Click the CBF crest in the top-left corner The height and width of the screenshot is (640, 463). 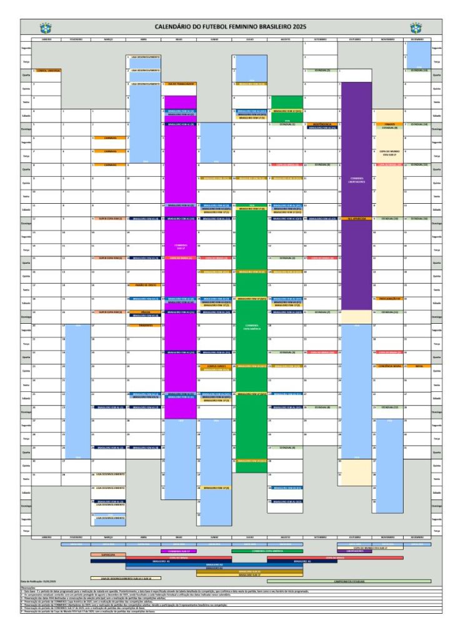tap(44, 27)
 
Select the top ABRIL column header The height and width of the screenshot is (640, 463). tap(143, 39)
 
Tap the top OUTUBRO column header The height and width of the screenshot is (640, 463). tap(354, 39)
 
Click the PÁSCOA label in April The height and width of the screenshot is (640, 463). tap(146, 311)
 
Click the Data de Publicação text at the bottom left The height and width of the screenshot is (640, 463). tap(39, 582)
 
